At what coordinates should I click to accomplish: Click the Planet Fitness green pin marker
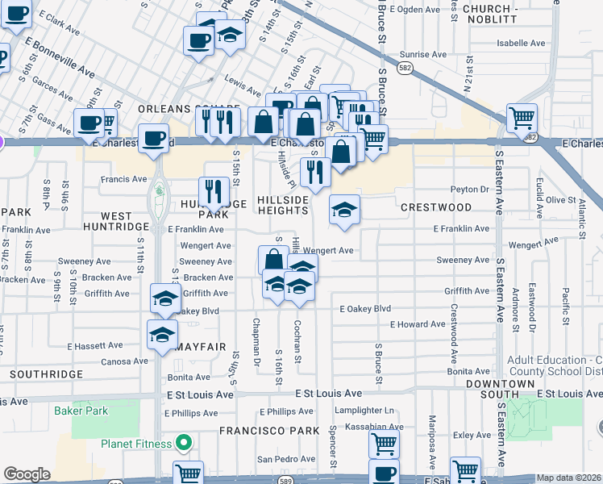point(184,443)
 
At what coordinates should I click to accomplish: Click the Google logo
point(26,474)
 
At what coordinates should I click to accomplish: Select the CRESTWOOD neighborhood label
point(436,207)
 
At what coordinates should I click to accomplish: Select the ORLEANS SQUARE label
point(189,108)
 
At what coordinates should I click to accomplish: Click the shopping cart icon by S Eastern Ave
point(522,118)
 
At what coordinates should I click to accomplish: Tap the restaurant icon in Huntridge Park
point(214,190)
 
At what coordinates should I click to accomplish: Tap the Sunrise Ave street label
point(422,55)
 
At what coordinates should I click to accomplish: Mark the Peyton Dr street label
point(470,189)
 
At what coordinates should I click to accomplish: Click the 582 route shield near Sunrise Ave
point(405,69)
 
